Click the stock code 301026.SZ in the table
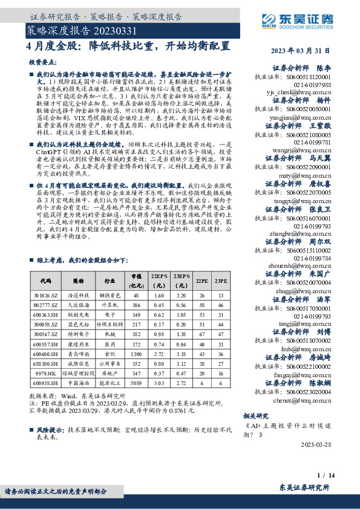click(46, 296)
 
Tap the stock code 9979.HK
click(46, 373)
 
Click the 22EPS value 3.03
click(160, 383)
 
